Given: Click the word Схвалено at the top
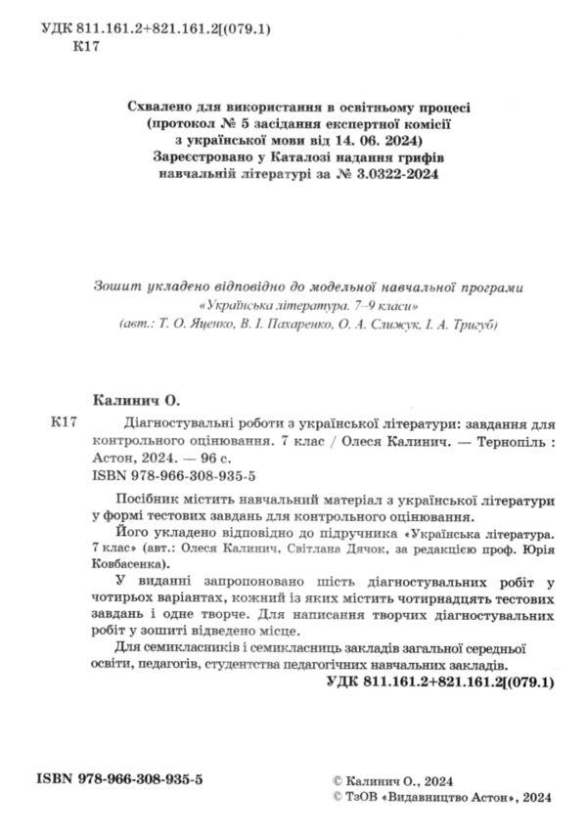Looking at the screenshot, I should click(x=161, y=105).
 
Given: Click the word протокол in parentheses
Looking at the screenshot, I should click(x=186, y=122).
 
